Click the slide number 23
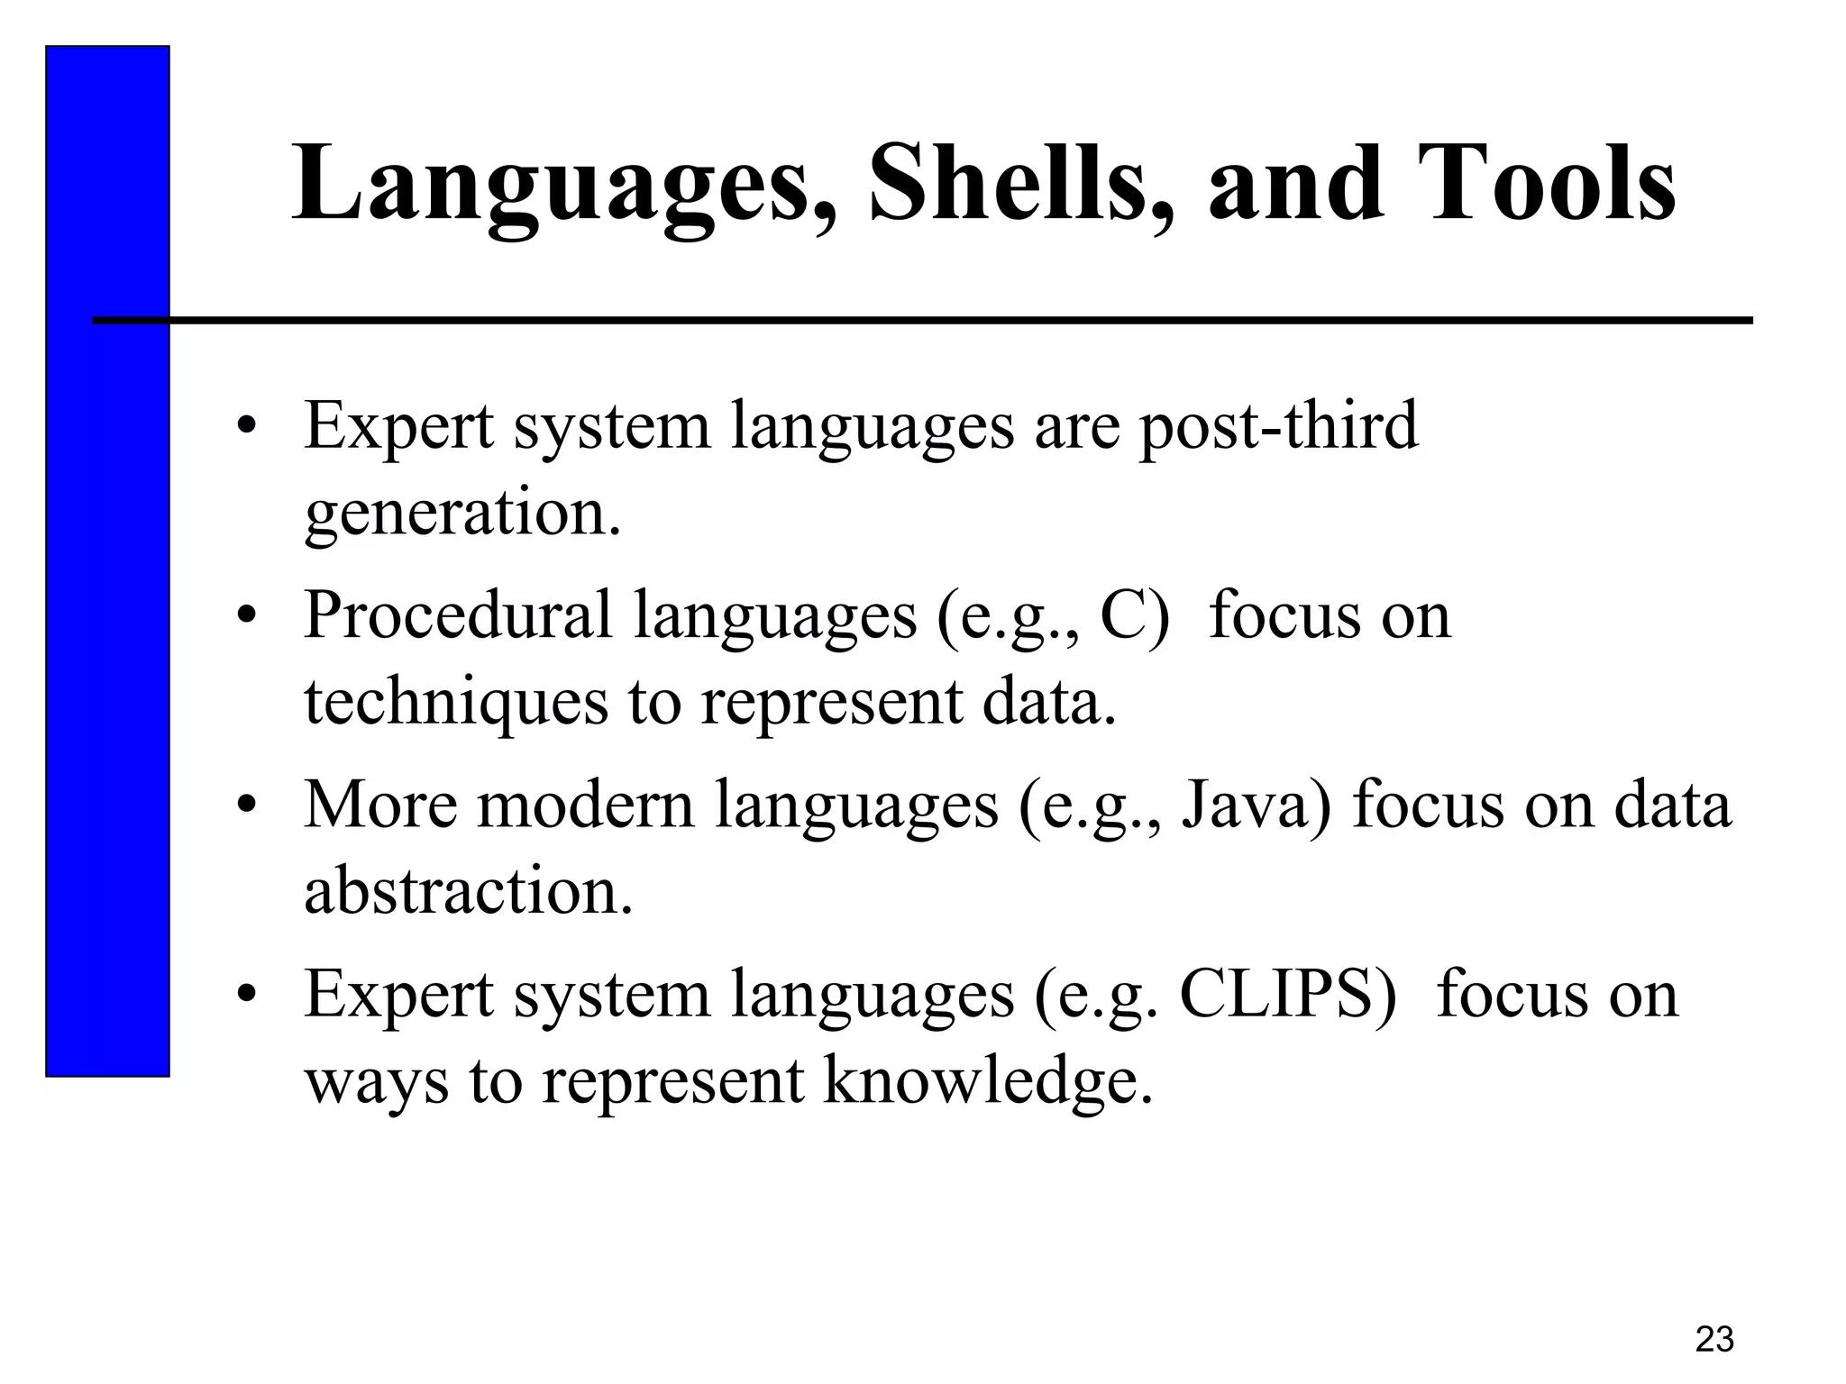(x=1713, y=1340)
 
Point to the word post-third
(x=1278, y=427)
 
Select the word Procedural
(x=458, y=615)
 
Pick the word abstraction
(x=468, y=891)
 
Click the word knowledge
(x=988, y=1081)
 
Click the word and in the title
(x=1295, y=185)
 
